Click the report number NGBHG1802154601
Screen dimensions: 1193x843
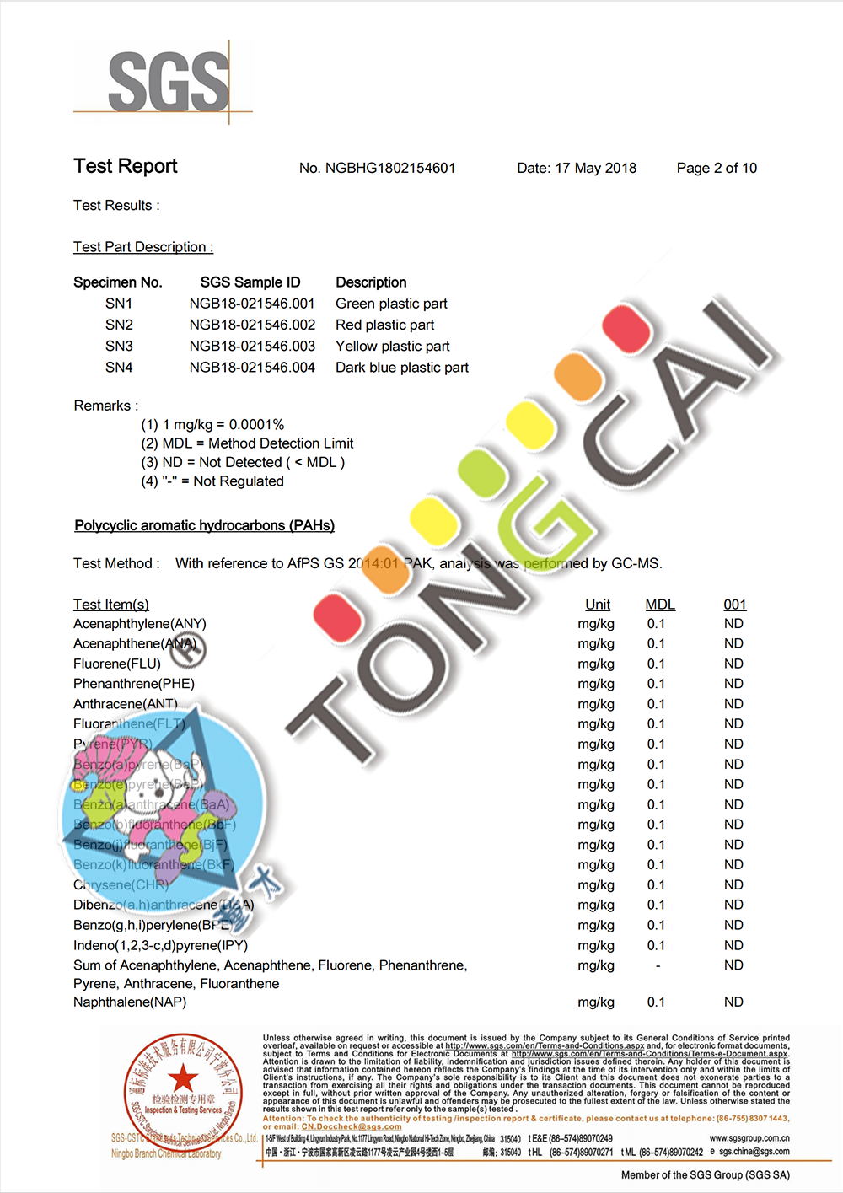point(377,169)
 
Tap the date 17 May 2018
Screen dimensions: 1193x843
point(595,169)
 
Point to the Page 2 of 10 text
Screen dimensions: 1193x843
point(717,169)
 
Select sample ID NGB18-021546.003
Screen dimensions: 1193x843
point(252,347)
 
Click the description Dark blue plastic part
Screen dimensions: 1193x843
point(402,368)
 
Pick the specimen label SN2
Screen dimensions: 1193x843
point(119,325)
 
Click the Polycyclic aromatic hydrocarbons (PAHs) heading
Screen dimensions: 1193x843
point(204,526)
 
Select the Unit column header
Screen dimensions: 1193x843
point(598,605)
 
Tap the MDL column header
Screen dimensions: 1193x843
point(660,605)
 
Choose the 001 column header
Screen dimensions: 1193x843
point(735,605)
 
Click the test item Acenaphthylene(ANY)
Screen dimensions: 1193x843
point(140,624)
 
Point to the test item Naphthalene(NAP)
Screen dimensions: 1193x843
point(130,1002)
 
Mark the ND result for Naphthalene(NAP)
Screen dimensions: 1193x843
point(733,1002)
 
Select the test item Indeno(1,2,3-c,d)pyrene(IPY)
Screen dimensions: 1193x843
point(160,946)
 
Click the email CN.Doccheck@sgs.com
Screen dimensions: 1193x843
point(352,1126)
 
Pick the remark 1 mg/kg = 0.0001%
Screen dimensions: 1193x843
point(212,425)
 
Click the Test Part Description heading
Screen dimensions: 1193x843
point(143,248)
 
